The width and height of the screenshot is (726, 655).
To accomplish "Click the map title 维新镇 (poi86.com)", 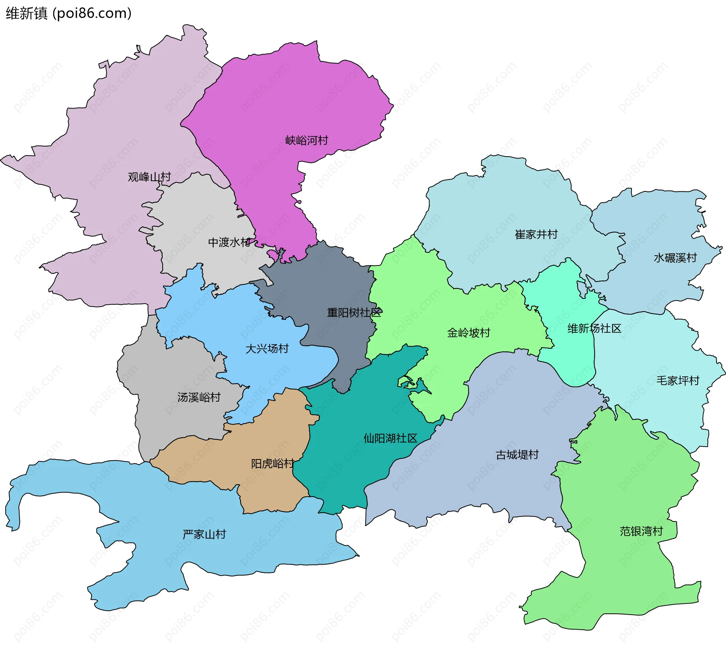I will click(68, 13).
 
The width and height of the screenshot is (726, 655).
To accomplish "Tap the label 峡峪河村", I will click(307, 141).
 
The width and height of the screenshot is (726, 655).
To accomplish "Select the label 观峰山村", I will click(149, 177).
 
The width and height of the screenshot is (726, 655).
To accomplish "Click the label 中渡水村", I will click(229, 242).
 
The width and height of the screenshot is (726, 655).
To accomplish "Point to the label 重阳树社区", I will click(354, 313).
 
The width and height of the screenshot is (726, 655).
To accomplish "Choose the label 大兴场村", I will click(267, 349).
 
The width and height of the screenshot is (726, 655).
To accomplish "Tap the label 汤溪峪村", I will click(199, 397).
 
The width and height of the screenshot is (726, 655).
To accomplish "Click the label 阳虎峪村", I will click(272, 464).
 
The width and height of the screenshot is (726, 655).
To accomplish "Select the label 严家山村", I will click(204, 534).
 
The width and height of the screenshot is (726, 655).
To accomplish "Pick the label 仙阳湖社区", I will click(390, 439).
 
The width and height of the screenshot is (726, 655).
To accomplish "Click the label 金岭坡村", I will click(468, 333).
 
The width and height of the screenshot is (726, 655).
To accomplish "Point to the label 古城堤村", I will click(517, 455).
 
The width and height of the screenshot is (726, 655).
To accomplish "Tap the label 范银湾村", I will click(641, 531).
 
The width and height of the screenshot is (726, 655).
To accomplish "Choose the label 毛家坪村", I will click(678, 381).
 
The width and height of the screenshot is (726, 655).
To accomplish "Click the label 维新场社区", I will click(594, 329).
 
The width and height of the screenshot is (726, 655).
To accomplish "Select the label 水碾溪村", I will click(675, 258).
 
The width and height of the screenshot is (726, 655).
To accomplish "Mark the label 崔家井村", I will click(536, 235).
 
